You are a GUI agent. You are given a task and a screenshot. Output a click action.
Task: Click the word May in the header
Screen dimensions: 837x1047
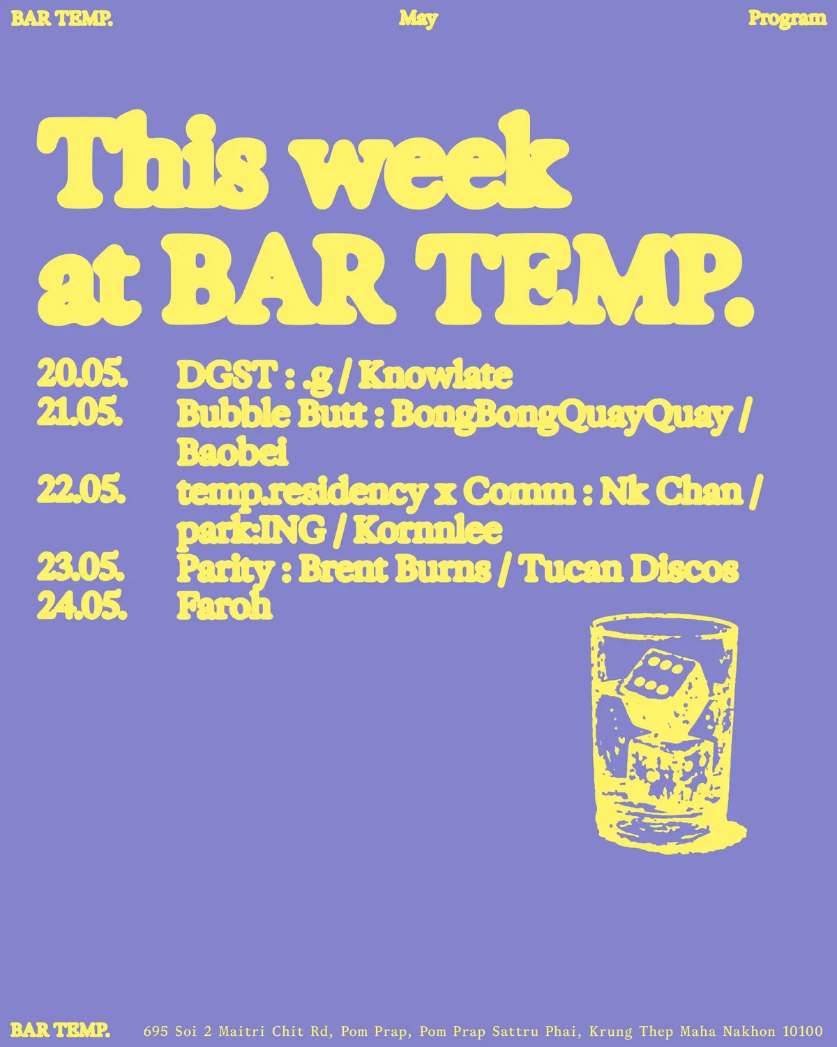pyautogui.click(x=418, y=20)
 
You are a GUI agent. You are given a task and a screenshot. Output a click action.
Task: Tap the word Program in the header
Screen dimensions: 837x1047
pyautogui.click(x=787, y=19)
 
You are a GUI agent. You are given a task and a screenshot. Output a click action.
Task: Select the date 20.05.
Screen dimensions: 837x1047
pyautogui.click(x=82, y=375)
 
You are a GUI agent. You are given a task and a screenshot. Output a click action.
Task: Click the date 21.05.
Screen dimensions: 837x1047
pyautogui.click(x=80, y=413)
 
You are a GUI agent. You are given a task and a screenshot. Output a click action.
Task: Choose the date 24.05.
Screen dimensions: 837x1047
pyautogui.click(x=82, y=606)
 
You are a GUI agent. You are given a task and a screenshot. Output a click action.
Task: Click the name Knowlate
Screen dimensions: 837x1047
pyautogui.click(x=435, y=375)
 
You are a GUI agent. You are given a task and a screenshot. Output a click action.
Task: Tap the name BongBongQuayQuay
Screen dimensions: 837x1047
pyautogui.click(x=561, y=416)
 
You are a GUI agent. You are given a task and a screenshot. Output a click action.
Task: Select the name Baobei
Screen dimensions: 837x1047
pyautogui.click(x=232, y=452)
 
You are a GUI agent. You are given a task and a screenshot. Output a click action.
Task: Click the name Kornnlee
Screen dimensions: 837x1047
pyautogui.click(x=428, y=529)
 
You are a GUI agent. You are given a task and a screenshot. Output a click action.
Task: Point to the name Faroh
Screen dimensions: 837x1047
pyautogui.click(x=224, y=607)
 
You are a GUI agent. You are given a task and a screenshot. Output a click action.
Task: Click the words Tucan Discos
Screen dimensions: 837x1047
pyautogui.click(x=631, y=568)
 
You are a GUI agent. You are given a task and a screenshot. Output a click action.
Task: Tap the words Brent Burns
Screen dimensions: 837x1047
pyautogui.click(x=394, y=568)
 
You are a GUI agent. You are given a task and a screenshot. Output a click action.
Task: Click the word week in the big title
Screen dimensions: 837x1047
pyautogui.click(x=435, y=161)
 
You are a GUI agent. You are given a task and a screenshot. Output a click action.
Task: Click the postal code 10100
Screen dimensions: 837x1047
pyautogui.click(x=802, y=1030)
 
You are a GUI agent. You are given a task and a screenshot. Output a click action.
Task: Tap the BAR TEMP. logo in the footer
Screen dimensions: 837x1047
pyautogui.click(x=60, y=1030)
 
